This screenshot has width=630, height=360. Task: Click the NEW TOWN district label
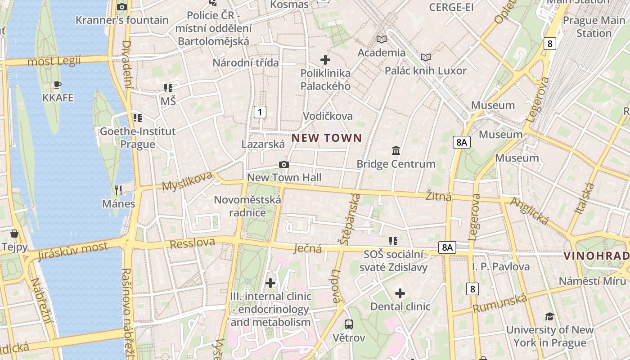pos(327,138)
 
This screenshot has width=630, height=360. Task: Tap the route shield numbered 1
pos(260,112)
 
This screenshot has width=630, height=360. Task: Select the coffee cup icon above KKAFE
pos(57,85)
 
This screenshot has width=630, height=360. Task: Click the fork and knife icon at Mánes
pos(118,190)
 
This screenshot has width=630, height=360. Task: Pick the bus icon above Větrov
pos(348,324)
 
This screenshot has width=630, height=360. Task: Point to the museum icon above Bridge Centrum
pos(396,150)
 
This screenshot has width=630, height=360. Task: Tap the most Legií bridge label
pos(54,61)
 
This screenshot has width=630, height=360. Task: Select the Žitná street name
pos(438,196)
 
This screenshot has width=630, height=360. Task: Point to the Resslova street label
pos(192,243)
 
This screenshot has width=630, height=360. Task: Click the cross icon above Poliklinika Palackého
pos(325,59)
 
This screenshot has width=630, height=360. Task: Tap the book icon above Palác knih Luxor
pos(425,57)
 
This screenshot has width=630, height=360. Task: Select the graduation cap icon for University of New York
pos(549,316)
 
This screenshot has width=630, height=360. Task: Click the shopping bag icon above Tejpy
pos(14,234)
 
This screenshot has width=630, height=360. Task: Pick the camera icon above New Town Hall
pos(283,164)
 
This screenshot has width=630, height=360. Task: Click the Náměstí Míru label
pos(592,281)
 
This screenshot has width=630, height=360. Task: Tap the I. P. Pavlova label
pos(501,266)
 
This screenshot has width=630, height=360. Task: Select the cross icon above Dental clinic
pos(400,294)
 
